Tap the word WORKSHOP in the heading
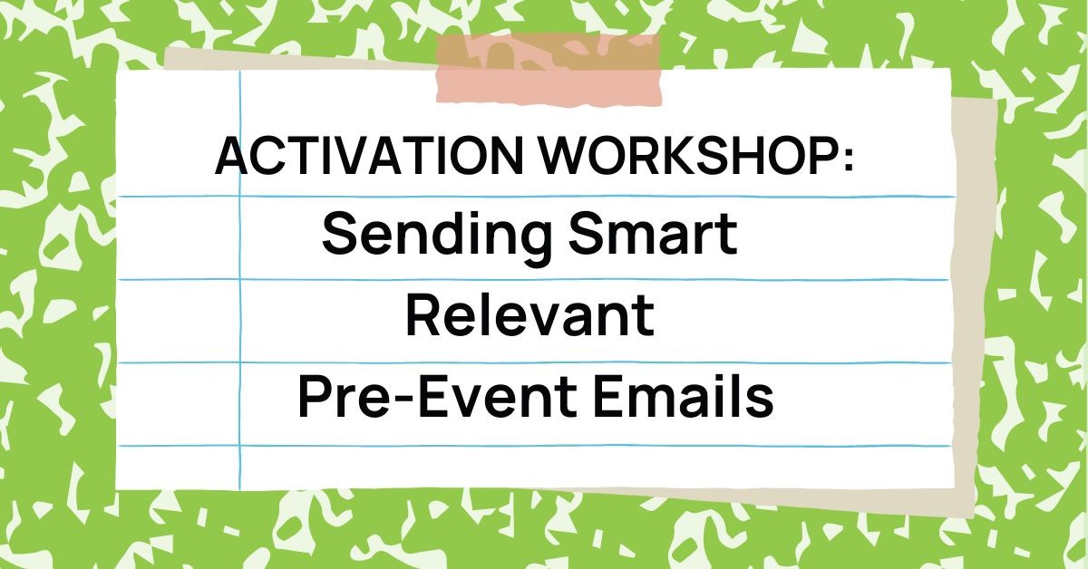click(688, 157)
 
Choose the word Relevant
click(529, 314)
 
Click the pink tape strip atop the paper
click(549, 68)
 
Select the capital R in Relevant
click(423, 314)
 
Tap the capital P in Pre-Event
click(314, 398)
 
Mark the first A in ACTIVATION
click(233, 157)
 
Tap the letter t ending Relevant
click(645, 316)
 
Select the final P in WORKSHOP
click(821, 157)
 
